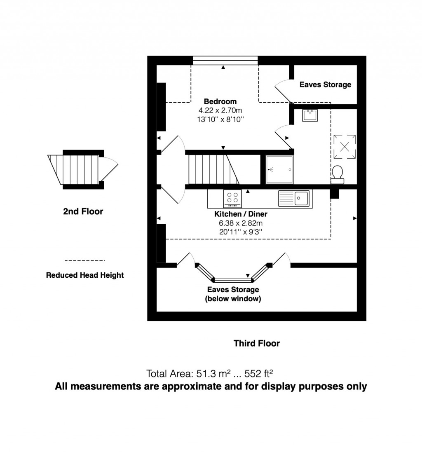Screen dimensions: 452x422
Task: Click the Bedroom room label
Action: tap(220, 101)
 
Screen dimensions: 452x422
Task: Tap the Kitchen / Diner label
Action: tap(241, 214)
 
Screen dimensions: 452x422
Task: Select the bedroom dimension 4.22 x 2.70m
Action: tap(220, 110)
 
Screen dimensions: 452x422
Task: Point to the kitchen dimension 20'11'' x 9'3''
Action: tap(241, 232)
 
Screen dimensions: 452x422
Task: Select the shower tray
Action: tap(280, 169)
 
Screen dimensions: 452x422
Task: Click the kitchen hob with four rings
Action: tap(232, 198)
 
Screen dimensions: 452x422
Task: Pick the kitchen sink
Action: tap(294, 198)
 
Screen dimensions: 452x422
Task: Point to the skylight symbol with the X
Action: tap(345, 147)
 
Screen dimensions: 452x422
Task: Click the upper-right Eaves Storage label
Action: tap(325, 84)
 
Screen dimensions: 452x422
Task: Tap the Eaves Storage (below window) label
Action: tap(233, 294)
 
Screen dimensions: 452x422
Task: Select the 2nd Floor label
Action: tap(83, 211)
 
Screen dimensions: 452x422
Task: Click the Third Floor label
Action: tap(256, 343)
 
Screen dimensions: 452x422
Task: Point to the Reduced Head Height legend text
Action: tap(84, 275)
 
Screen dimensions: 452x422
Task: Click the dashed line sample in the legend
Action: tap(85, 261)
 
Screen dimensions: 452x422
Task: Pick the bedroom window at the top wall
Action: tap(225, 61)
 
